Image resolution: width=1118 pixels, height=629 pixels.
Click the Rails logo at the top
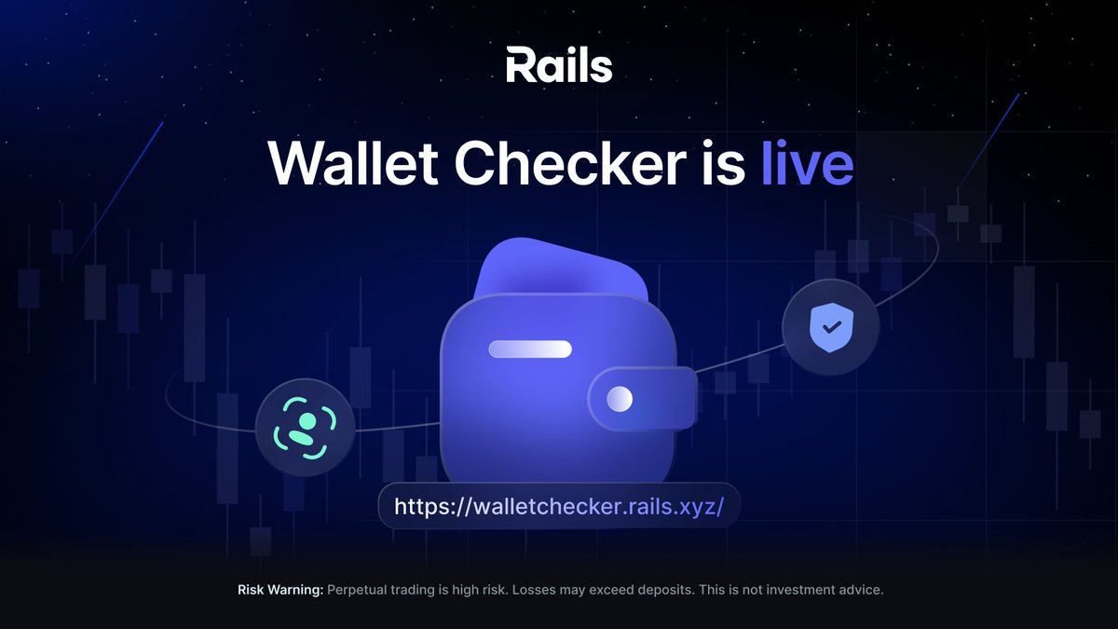[559, 66]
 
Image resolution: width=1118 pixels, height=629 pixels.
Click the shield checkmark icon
[829, 326]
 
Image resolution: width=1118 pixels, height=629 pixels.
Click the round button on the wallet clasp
[620, 399]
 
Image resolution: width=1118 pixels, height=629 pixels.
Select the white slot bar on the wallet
[530, 349]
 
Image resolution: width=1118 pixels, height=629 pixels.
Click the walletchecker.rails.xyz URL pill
[559, 507]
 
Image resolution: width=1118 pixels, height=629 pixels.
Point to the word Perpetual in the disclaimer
[360, 590]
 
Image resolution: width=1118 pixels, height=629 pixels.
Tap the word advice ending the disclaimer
[859, 590]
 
